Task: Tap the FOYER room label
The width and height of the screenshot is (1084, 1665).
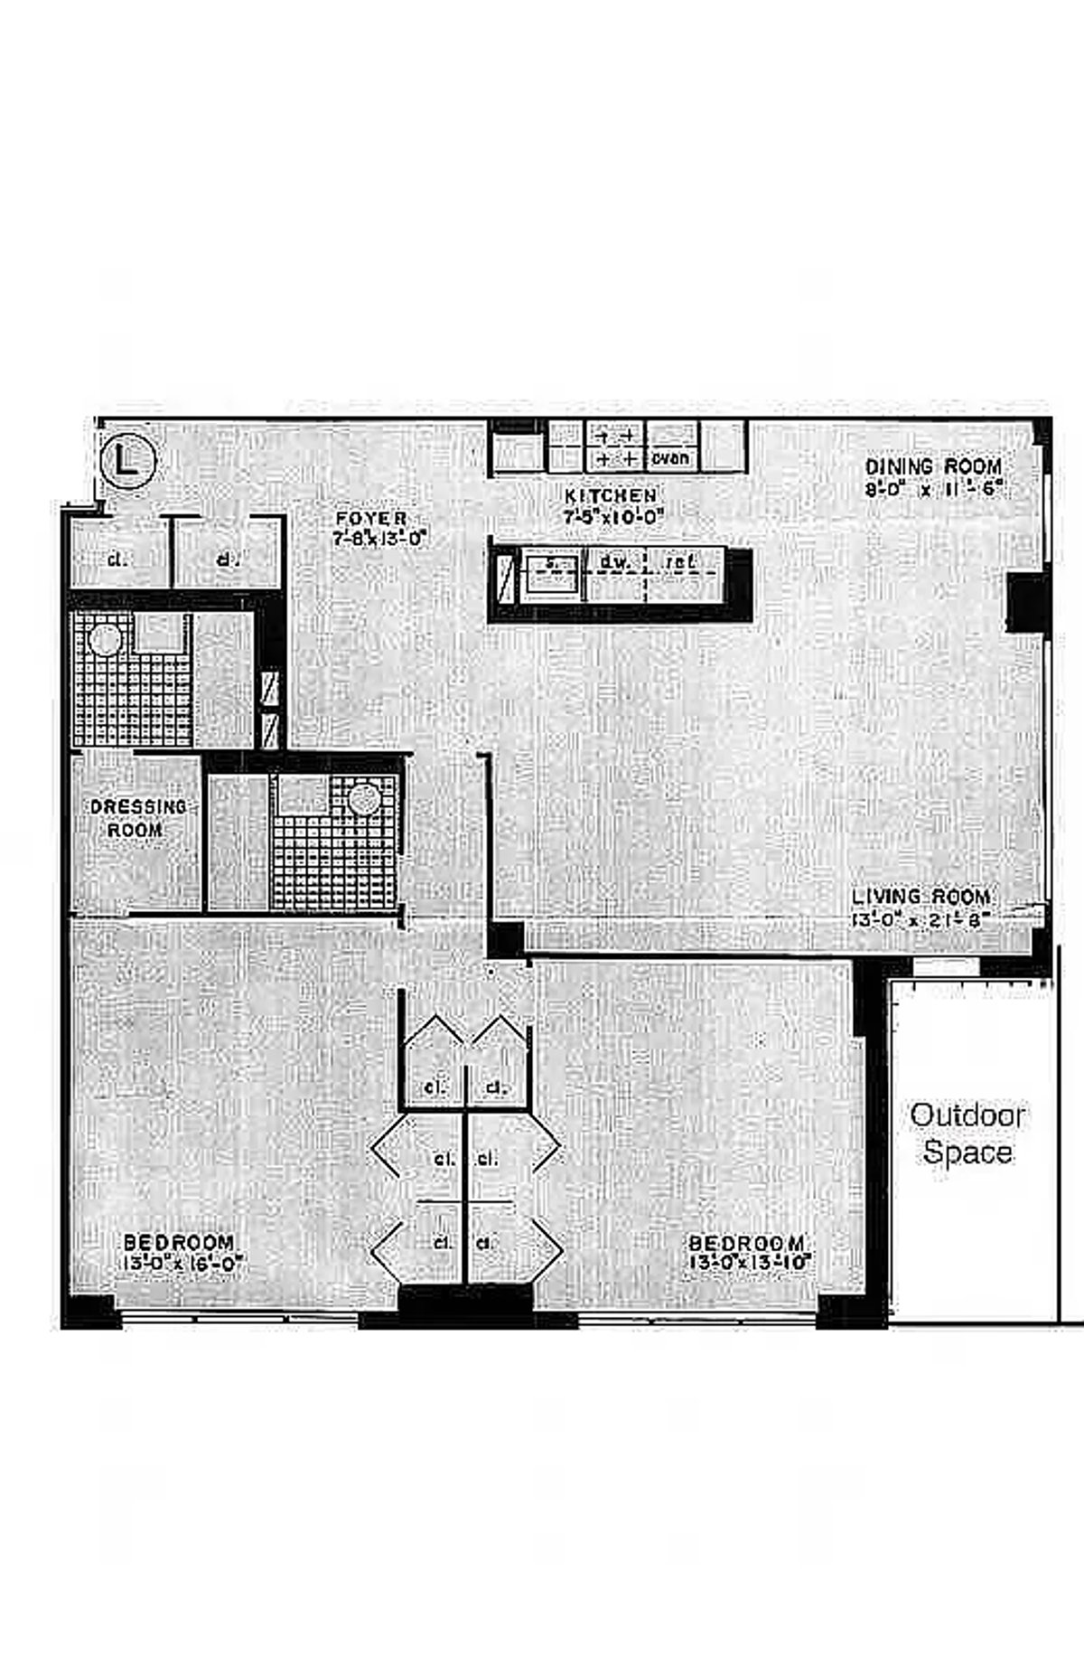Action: (x=371, y=519)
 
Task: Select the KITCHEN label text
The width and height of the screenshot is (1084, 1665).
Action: (x=611, y=496)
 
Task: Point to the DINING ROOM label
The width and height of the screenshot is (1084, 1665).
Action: (x=933, y=467)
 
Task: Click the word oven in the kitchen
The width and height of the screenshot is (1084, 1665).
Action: (x=671, y=458)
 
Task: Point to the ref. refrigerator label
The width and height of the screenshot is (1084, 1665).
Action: (x=679, y=562)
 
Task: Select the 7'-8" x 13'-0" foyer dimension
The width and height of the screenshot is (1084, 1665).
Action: (x=378, y=539)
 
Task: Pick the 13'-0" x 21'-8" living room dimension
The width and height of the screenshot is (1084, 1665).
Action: (x=920, y=920)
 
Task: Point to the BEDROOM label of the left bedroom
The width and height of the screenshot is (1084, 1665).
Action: (x=178, y=1244)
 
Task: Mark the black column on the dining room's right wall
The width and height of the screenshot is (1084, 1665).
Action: (x=1027, y=601)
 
